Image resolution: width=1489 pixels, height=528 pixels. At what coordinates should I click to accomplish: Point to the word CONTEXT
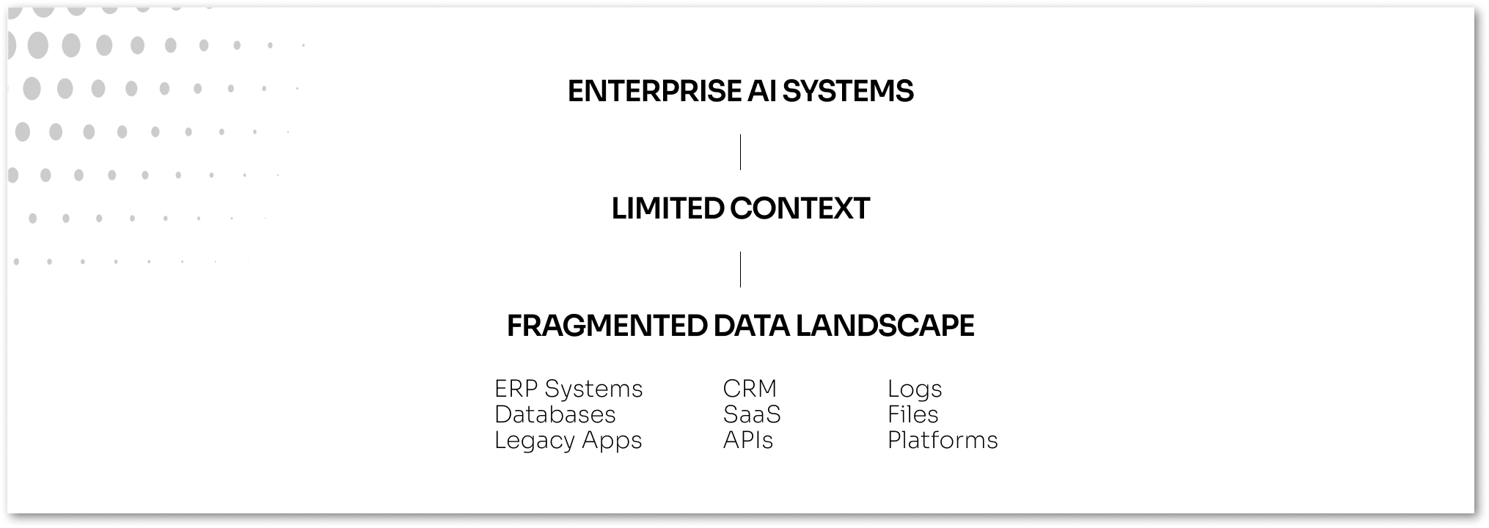tap(800, 209)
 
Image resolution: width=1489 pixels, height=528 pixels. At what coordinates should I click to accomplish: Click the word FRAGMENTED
tap(606, 326)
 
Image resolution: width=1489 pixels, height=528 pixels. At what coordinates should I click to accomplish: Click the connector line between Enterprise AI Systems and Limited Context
tap(740, 152)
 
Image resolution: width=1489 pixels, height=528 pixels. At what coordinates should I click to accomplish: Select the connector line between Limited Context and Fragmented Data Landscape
tap(740, 269)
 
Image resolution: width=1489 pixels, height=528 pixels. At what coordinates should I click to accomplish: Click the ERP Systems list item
tap(568, 389)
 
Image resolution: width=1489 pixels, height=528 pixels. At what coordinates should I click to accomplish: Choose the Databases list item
tap(555, 414)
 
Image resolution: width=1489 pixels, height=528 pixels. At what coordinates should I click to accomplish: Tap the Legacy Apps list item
tap(568, 440)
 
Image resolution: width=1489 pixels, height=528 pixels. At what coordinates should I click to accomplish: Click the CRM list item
tap(749, 389)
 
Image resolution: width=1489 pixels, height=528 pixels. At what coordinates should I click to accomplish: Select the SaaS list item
tap(752, 414)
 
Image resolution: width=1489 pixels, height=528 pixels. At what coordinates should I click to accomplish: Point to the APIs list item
tap(747, 440)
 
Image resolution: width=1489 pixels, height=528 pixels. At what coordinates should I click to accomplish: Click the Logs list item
tap(914, 389)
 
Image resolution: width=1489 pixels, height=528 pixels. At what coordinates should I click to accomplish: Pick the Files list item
tap(912, 414)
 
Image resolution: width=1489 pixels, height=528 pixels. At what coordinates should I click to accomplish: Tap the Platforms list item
tap(942, 440)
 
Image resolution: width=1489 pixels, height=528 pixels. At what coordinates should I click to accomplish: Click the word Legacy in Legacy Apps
tap(534, 440)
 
